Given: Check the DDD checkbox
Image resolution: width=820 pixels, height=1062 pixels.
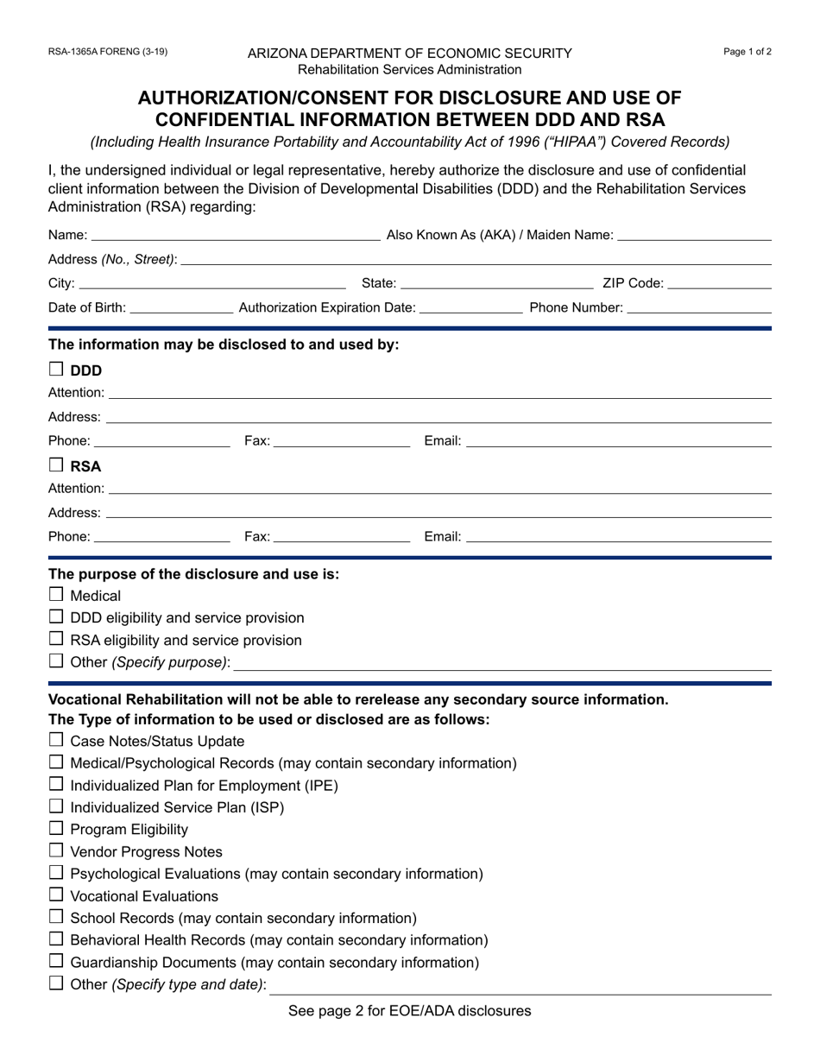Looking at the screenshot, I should [x=56, y=370].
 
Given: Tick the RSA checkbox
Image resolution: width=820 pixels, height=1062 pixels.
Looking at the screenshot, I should [x=56, y=465].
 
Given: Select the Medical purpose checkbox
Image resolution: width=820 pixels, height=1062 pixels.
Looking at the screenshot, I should [x=56, y=594].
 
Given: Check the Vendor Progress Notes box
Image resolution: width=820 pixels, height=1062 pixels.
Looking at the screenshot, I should [x=56, y=850].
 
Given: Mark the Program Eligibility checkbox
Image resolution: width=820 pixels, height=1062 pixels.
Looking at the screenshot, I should [x=56, y=829].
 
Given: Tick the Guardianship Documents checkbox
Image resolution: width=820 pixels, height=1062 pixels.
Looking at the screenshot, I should [x=56, y=961].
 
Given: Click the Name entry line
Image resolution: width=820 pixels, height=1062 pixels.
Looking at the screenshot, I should [x=235, y=235].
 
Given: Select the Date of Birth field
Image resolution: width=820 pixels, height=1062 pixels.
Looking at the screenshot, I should [x=180, y=307].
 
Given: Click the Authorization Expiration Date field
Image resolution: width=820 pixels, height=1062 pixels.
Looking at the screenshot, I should [x=470, y=307].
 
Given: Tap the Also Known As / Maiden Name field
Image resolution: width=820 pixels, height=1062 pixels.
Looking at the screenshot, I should [x=695, y=235].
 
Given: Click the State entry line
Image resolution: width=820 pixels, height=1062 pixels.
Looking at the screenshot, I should [x=496, y=283].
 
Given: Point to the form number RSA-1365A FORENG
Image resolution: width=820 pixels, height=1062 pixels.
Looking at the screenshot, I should [x=108, y=52].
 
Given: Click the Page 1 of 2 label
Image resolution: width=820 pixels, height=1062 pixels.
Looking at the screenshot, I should [x=747, y=52].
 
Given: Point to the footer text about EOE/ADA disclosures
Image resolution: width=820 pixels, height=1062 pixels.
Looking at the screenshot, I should [x=410, y=1010].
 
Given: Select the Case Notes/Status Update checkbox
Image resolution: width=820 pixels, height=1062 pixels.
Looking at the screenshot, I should [x=56, y=740].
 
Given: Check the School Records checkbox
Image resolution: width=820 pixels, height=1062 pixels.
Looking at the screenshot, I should [x=56, y=917].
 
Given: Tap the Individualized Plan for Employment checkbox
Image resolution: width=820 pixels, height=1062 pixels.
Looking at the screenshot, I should [x=56, y=784].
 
